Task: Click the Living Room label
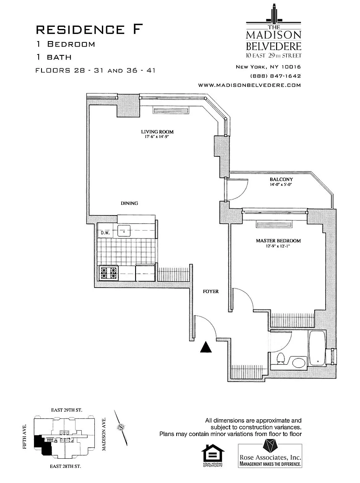[157, 132]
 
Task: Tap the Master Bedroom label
[278, 241]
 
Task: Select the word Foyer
[211, 291]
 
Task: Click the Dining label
[129, 203]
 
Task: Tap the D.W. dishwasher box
[104, 231]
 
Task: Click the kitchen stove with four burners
[109, 273]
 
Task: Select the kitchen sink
[124, 231]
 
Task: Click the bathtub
[317, 347]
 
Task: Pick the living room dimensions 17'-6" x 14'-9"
[157, 137]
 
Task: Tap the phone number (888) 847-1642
[275, 76]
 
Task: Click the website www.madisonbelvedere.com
[250, 85]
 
